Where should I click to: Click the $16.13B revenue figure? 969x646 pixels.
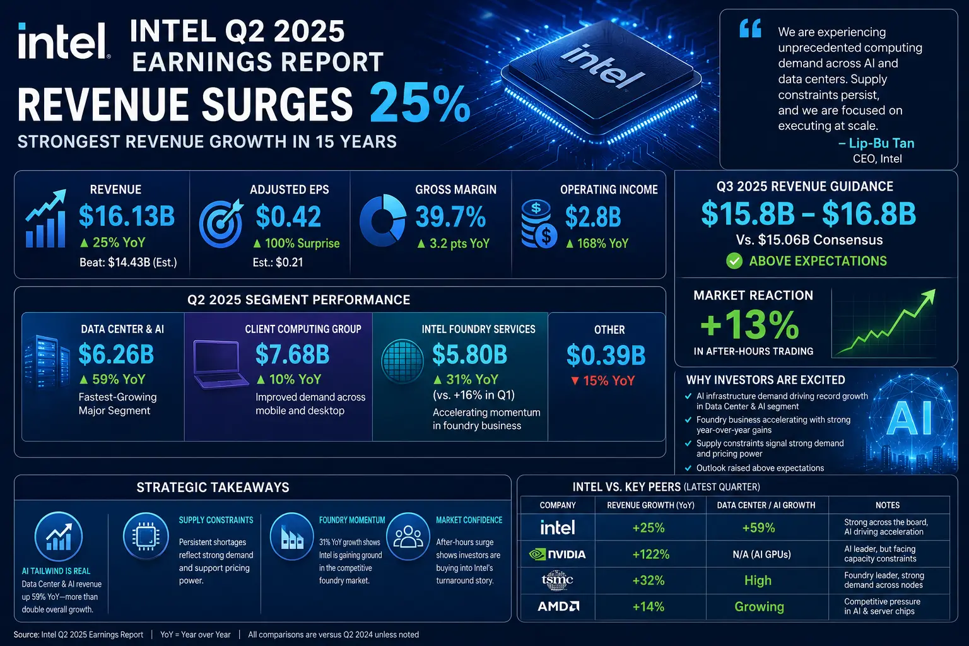point(127,216)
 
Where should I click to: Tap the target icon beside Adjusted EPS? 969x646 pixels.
point(221,223)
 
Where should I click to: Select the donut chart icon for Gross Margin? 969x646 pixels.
point(383,220)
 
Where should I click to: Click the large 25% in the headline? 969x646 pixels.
point(420,104)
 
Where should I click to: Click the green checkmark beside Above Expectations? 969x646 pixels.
point(734,261)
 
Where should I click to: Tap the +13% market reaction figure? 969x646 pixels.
point(749,324)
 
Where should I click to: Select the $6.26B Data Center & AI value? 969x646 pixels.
point(116,354)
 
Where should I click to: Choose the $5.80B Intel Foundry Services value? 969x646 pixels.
point(469,355)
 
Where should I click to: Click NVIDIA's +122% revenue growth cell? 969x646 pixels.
point(650,555)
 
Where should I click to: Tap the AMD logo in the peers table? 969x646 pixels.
point(558,606)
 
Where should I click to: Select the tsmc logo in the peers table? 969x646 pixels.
point(557,580)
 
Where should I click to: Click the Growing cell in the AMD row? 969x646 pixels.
point(759,607)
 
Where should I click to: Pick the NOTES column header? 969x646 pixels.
point(888,505)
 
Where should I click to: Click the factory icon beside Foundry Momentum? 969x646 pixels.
point(291,536)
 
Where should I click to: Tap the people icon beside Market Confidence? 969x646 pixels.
point(408,536)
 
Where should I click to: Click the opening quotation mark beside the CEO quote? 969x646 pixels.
point(750,28)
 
